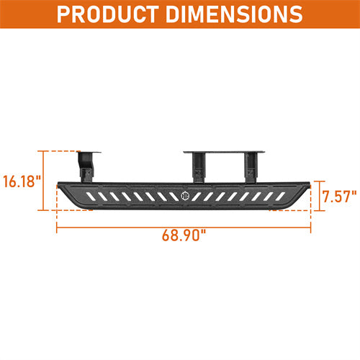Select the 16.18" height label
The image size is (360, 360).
pyautogui.click(x=22, y=181)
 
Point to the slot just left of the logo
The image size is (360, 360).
pyautogui.click(x=173, y=196)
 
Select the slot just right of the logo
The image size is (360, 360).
pyautogui.click(x=198, y=196)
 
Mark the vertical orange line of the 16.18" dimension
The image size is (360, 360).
pyautogui.click(x=46, y=181)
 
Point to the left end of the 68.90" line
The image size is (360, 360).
pyautogui.click(x=57, y=227)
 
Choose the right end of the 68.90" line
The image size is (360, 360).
pyautogui.click(x=311, y=227)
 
